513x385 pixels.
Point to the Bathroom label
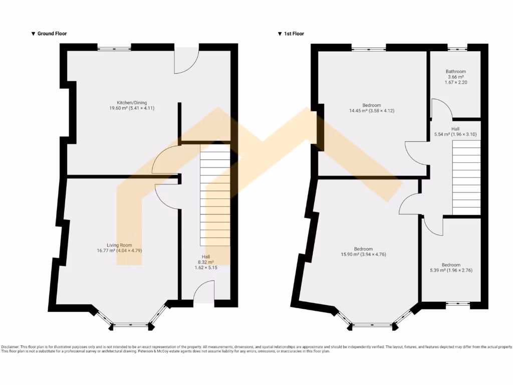(455, 71)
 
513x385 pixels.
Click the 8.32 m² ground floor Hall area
(205, 262)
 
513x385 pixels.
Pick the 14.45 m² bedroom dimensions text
(372, 110)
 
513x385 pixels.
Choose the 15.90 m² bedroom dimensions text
(363, 254)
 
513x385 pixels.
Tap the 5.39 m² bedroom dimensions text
(451, 270)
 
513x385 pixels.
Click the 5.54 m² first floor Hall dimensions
(455, 134)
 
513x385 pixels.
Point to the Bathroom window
(456, 49)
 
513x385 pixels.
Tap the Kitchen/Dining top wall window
(114, 49)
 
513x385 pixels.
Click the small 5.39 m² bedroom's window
(457, 303)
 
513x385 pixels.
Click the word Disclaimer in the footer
(11, 347)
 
